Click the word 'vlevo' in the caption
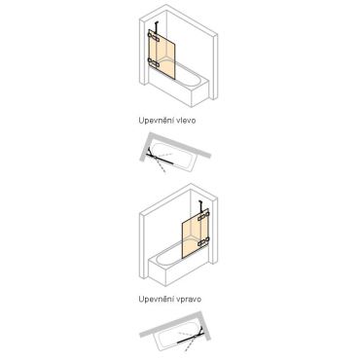click(186, 121)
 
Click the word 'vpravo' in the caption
click(189, 299)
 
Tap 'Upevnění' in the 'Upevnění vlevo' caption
click(157, 121)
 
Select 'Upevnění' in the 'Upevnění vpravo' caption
click(157, 299)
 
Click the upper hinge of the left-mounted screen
click(154, 37)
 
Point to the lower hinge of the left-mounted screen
click(153, 61)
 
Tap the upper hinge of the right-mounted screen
click(203, 215)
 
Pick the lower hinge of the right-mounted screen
click(204, 241)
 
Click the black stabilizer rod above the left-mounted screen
click(158, 28)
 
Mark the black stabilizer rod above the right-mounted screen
click(201, 207)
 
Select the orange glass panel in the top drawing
click(162, 54)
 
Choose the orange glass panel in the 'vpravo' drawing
click(196, 234)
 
